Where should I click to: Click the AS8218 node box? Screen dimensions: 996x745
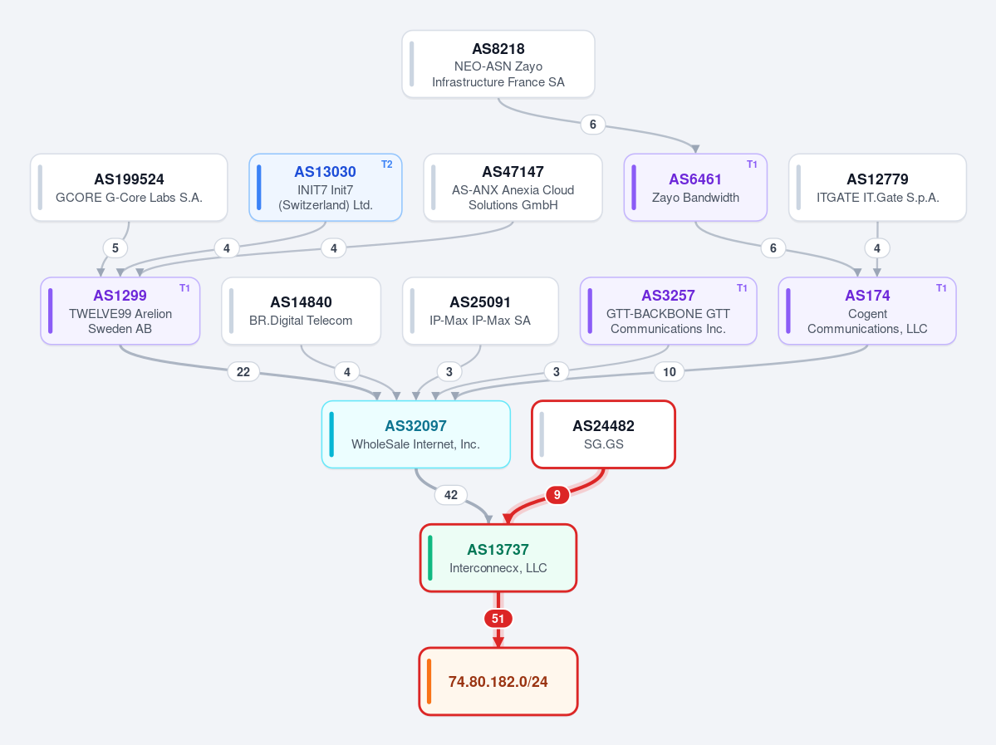tap(498, 64)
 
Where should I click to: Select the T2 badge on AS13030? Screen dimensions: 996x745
tap(387, 164)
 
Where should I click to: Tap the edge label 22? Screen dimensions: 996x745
tap(243, 371)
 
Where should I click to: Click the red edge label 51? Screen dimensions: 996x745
tap(498, 619)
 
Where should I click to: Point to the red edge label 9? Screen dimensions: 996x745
tap(557, 495)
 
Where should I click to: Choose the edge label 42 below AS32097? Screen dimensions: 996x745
tap(451, 495)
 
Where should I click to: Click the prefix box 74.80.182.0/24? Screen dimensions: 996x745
tap(498, 682)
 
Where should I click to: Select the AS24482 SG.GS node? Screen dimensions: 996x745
tap(603, 434)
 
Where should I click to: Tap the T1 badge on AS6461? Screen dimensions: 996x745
tap(752, 164)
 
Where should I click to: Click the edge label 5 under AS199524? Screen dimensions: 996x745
tap(115, 248)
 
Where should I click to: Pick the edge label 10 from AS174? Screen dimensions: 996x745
tap(670, 371)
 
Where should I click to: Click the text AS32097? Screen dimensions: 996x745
tap(415, 425)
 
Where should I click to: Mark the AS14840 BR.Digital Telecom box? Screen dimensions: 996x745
tap(301, 311)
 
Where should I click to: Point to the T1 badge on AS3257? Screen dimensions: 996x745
tap(742, 288)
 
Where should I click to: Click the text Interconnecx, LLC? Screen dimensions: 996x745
tap(498, 568)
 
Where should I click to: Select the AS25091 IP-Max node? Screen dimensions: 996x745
tap(480, 311)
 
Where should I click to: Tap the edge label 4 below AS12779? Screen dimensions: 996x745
tap(877, 248)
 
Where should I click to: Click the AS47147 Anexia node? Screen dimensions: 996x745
tap(513, 188)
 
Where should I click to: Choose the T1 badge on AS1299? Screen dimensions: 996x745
tap(185, 288)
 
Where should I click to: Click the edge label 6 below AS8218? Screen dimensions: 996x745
tap(592, 124)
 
